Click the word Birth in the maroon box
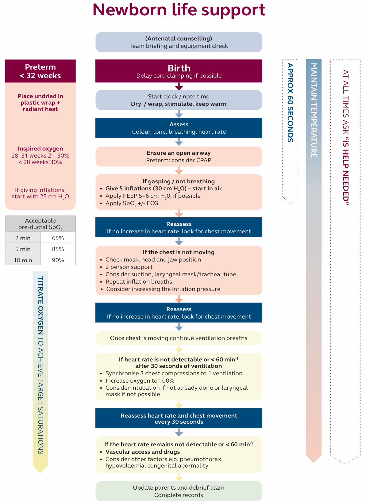point(179,68)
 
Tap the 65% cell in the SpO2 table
point(58,238)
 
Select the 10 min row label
point(23,260)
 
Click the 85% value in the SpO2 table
point(58,249)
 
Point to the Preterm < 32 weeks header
point(40,71)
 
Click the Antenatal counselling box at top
point(179,42)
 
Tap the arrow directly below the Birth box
point(179,86)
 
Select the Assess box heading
point(179,124)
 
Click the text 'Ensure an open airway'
point(179,153)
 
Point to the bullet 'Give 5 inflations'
point(163,189)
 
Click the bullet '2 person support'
point(129,267)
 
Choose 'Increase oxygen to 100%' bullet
point(140,380)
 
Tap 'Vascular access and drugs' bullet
point(143,452)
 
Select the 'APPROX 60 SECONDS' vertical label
point(290,103)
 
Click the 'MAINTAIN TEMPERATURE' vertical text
point(314,110)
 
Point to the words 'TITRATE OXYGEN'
point(40,305)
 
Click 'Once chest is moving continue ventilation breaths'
point(179,338)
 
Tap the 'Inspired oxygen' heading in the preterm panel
point(40,149)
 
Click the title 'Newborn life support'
point(179,10)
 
